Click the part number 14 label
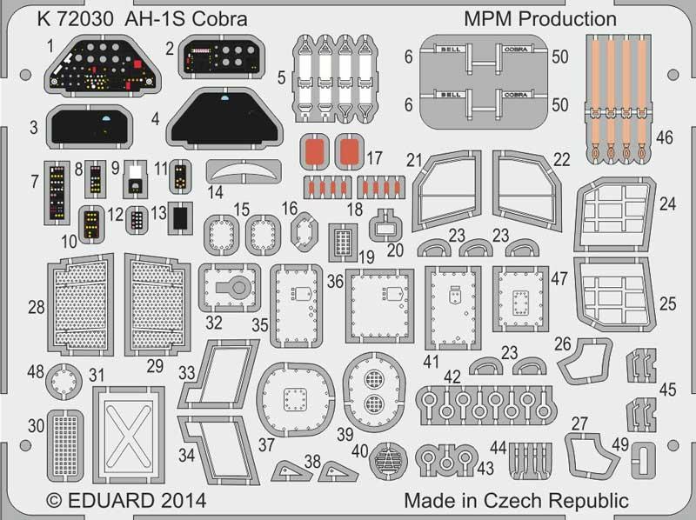coord(215,192)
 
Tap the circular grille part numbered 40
coord(388,461)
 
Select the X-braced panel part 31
coord(129,435)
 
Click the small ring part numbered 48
coord(64,381)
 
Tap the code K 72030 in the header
coord(76,19)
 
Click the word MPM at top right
coord(488,19)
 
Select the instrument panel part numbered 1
coord(103,66)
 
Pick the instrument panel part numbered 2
coord(222,57)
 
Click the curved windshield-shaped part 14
coord(244,170)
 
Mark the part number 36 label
coord(336,281)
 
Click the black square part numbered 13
coord(180,218)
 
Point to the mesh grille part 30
coord(65,445)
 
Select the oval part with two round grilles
coord(374,391)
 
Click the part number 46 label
coord(665,137)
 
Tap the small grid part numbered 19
coord(343,243)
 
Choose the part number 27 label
coord(579,423)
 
